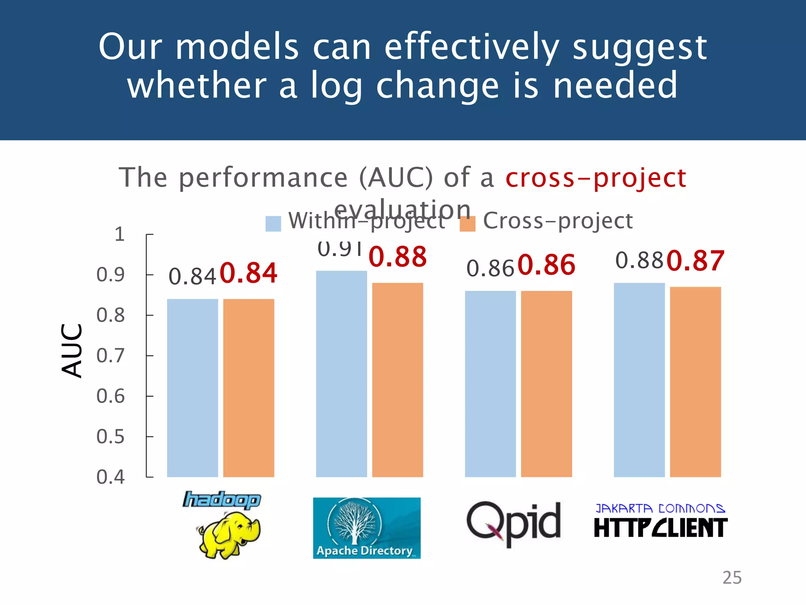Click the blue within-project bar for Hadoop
tap(192, 388)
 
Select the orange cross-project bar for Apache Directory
tap(397, 380)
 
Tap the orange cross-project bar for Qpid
tap(546, 384)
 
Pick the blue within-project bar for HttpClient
tap(639, 380)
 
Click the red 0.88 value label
tap(397, 257)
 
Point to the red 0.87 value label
tap(695, 261)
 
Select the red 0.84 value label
tap(248, 273)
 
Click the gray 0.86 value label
tap(490, 269)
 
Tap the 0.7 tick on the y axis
tap(111, 356)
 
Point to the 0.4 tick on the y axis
tap(111, 477)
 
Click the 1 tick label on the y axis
tap(119, 234)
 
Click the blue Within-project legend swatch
tap(273, 224)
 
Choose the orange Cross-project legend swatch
tap(468, 224)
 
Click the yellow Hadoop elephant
tap(228, 535)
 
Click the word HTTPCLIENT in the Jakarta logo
tap(660, 528)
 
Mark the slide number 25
tap(732, 577)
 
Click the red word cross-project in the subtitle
tap(596, 178)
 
